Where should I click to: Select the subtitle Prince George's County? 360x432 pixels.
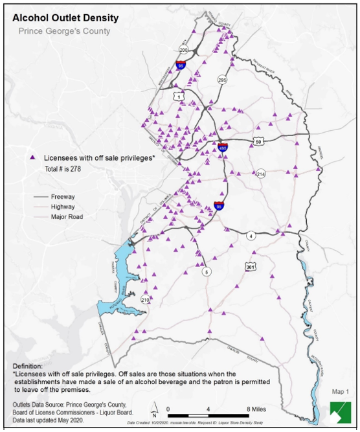tap(64, 31)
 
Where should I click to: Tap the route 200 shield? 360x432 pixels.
tap(183, 50)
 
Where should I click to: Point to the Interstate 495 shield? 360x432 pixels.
tap(223, 148)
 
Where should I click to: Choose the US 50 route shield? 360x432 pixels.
tap(258, 141)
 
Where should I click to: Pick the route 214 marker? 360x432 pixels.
tap(261, 174)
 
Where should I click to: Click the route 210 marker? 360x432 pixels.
tap(145, 300)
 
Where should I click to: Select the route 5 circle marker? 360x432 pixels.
tap(207, 272)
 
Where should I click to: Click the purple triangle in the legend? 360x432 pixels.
tap(32, 157)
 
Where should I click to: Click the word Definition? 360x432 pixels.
tap(30, 366)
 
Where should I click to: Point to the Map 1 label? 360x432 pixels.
tap(339, 392)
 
